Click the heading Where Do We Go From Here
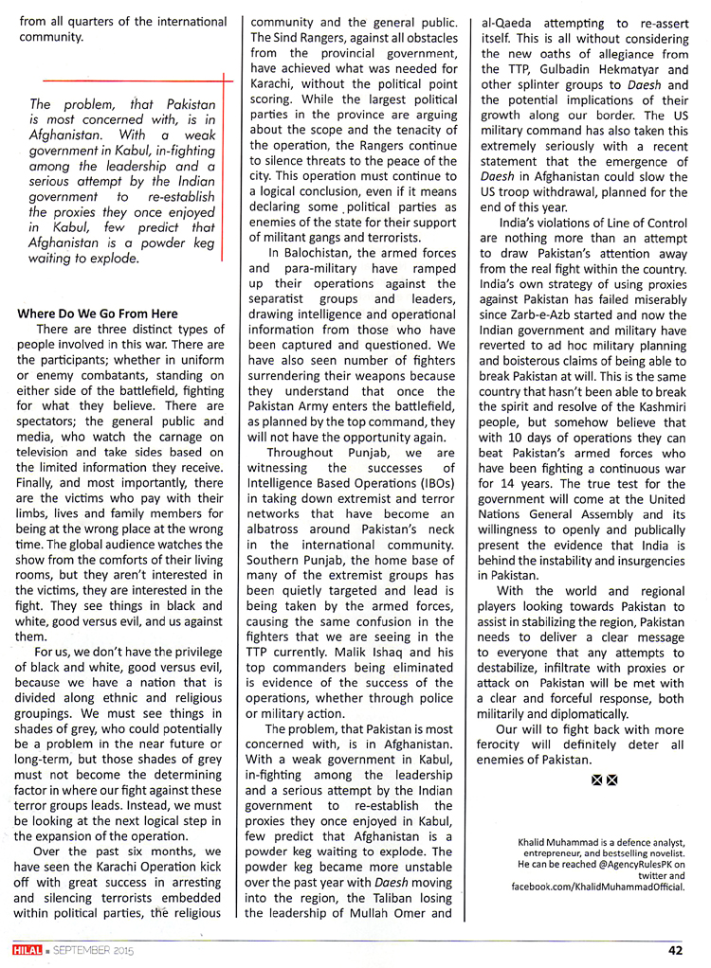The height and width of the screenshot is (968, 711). click(x=97, y=314)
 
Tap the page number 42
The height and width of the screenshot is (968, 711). click(x=674, y=952)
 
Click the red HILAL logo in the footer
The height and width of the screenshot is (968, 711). click(x=20, y=951)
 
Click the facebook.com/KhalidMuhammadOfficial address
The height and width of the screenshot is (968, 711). click(x=598, y=887)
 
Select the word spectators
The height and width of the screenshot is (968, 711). click(x=55, y=421)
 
